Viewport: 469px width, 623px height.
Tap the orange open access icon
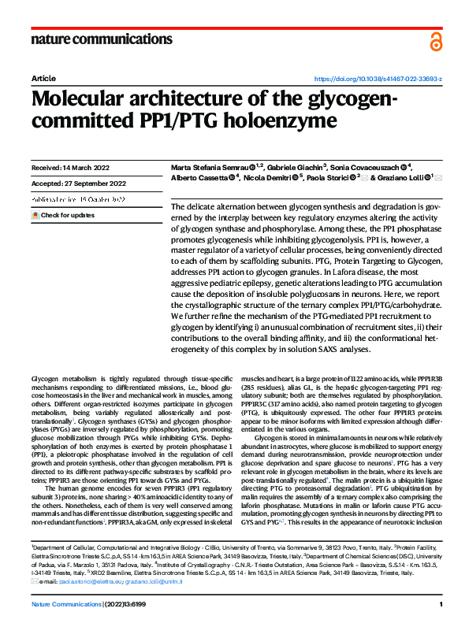[x=436, y=41]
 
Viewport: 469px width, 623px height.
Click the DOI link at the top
[x=378, y=80]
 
